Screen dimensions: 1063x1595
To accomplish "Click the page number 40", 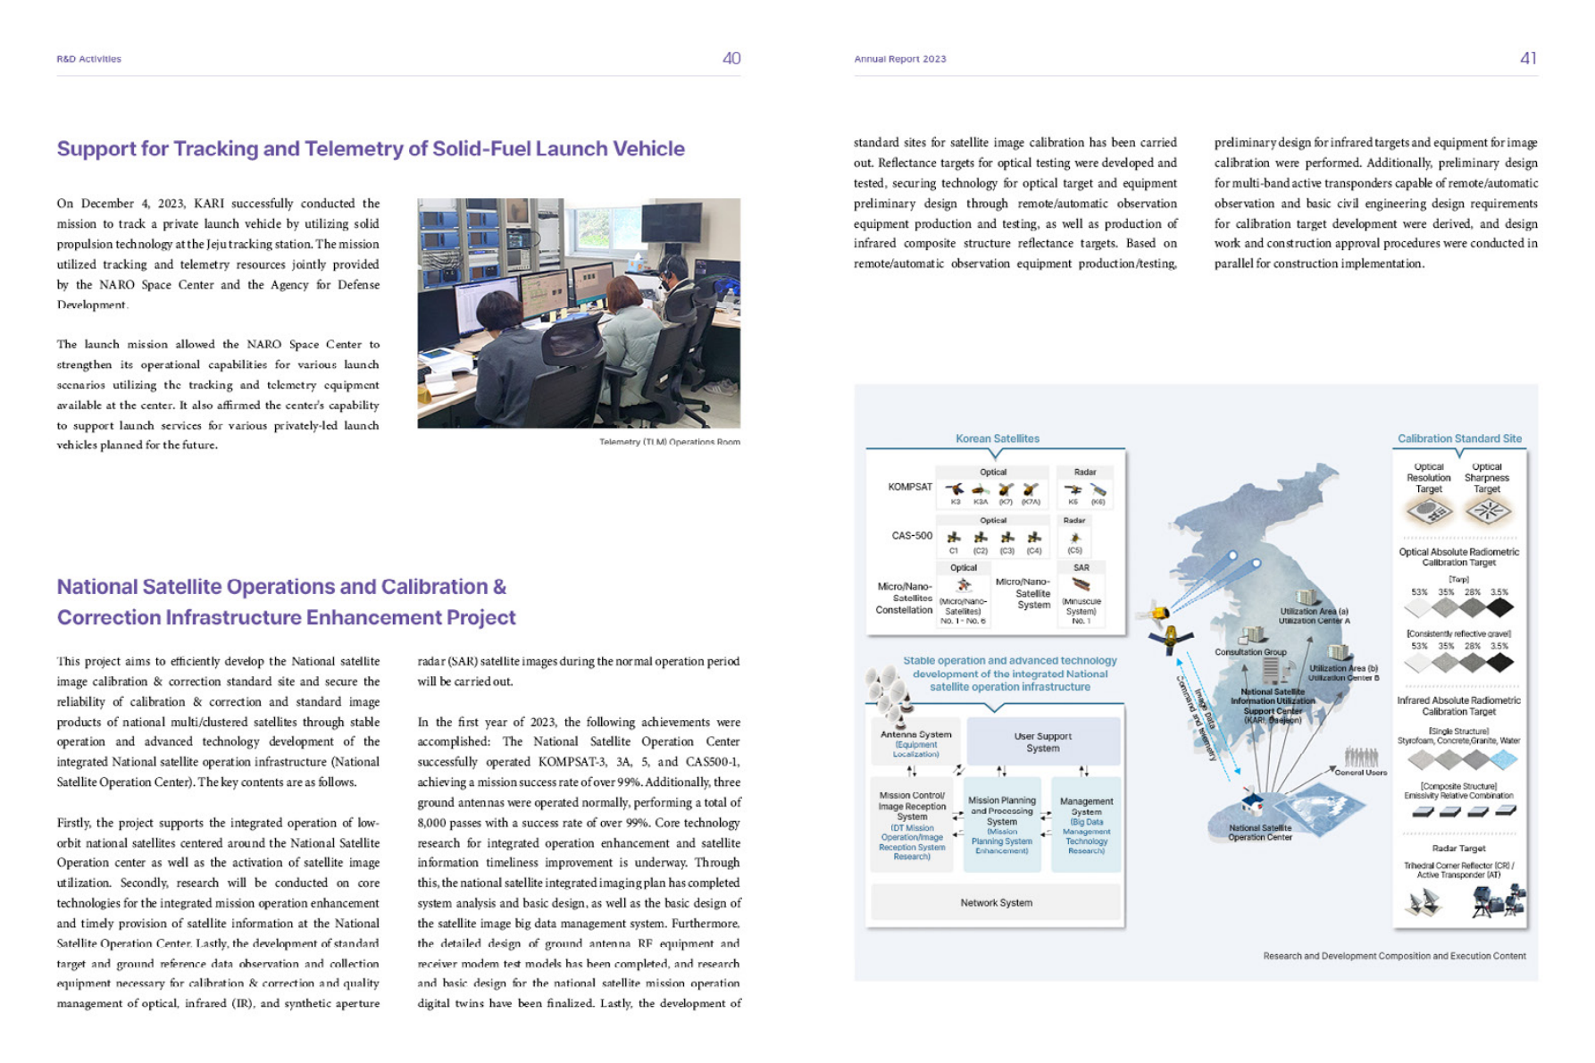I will pyautogui.click(x=731, y=58).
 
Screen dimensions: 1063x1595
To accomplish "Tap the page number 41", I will pyautogui.click(x=1528, y=58).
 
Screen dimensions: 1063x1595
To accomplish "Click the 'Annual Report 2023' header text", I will pyautogui.click(x=899, y=59).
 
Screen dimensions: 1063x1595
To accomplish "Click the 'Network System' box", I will pyautogui.click(x=996, y=902).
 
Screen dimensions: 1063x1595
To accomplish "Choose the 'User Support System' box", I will pyautogui.click(x=1042, y=742).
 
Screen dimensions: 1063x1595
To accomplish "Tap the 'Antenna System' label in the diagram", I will pyautogui.click(x=915, y=734).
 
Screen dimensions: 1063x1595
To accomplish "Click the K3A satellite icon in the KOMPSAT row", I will pyautogui.click(x=981, y=490).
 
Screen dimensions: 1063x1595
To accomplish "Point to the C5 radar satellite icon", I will pyautogui.click(x=1074, y=538).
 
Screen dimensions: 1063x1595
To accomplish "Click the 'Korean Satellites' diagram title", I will pyautogui.click(x=997, y=439).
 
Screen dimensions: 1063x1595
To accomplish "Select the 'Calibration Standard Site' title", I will pyautogui.click(x=1458, y=439).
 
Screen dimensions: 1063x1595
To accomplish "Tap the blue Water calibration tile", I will pyautogui.click(x=1503, y=760).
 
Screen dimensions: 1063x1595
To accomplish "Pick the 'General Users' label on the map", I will pyautogui.click(x=1360, y=773).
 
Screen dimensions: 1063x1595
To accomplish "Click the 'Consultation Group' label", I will pyautogui.click(x=1250, y=652).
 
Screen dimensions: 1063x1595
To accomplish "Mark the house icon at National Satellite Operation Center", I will pyautogui.click(x=1252, y=802).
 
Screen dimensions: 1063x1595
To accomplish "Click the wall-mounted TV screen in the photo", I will pyautogui.click(x=671, y=222).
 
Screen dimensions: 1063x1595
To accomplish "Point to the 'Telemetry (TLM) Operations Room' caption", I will pyautogui.click(x=669, y=441).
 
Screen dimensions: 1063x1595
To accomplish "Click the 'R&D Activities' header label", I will pyautogui.click(x=88, y=59).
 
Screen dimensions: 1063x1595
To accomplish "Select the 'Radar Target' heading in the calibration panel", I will pyautogui.click(x=1458, y=849).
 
